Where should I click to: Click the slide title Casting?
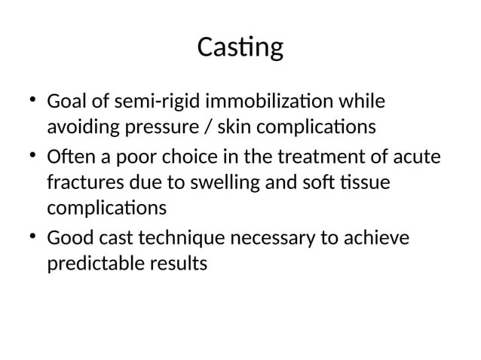point(240,48)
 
